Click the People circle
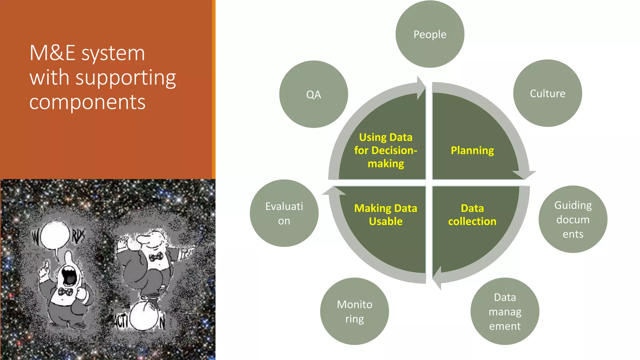coord(430,34)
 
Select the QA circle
coord(313,94)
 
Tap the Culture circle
coord(547,93)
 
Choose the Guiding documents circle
coord(573,219)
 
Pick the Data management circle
coord(505,311)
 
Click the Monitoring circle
coord(354,311)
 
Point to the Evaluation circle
coord(284,213)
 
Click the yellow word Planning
coord(472,150)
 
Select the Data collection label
coord(472,215)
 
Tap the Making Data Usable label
coord(386,215)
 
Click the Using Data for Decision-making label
coord(386,150)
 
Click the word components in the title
coord(87,102)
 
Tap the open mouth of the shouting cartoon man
coord(69,275)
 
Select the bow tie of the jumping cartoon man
coord(156,257)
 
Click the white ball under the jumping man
coord(144,317)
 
